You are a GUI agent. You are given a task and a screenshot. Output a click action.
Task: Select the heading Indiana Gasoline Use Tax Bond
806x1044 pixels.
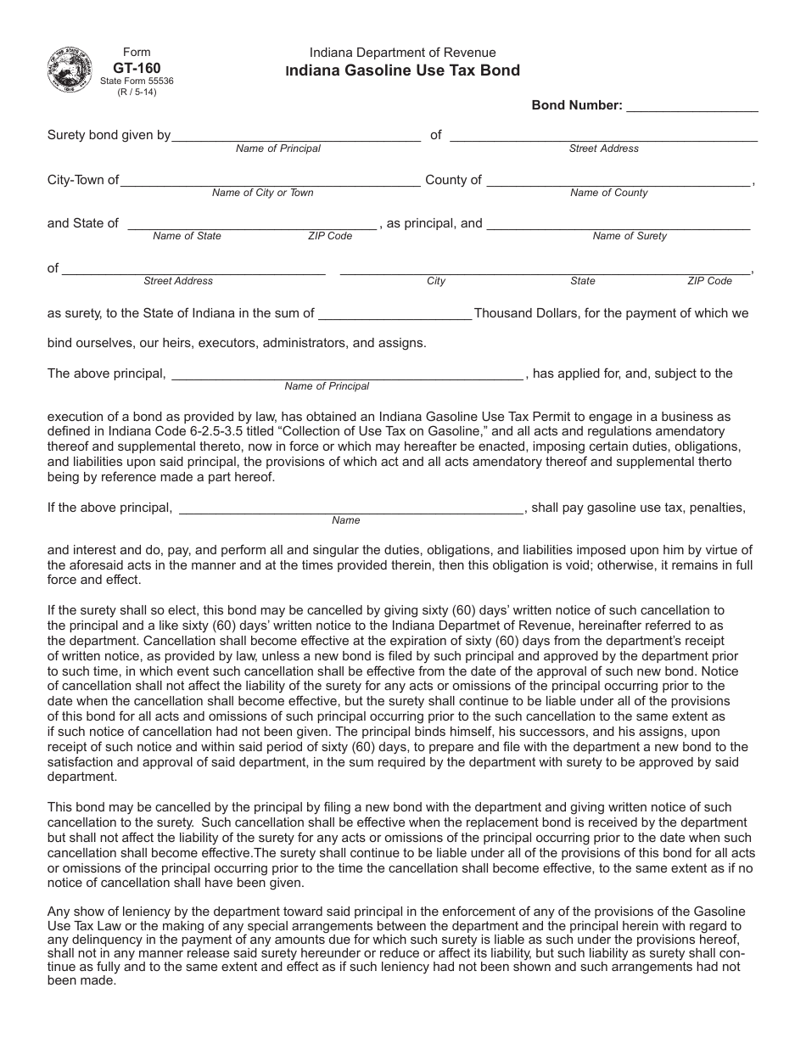(403, 71)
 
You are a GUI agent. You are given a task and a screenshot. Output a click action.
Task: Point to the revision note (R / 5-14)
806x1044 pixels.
(137, 92)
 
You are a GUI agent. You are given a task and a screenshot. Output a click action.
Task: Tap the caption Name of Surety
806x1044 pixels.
(630, 236)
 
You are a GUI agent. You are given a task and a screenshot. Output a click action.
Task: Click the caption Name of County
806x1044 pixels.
(609, 193)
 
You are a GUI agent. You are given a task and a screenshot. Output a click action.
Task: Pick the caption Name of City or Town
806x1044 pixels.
(262, 193)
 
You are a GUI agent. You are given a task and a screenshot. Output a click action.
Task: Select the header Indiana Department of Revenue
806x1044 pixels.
(403, 53)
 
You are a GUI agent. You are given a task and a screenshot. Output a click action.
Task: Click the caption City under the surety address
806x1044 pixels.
(436, 281)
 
